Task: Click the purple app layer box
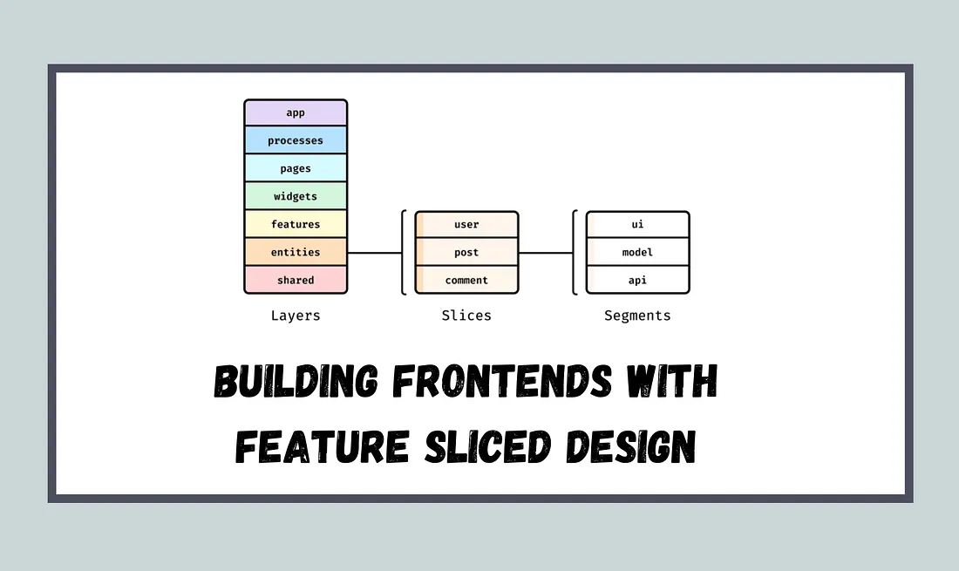click(296, 112)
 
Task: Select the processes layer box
click(296, 140)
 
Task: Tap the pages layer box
click(296, 168)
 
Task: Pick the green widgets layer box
click(296, 196)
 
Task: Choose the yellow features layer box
click(296, 224)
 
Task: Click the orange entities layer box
click(296, 252)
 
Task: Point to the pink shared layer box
click(296, 280)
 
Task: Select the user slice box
click(466, 224)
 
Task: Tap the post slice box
click(466, 252)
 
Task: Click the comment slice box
click(466, 280)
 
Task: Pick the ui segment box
click(637, 224)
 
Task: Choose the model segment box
click(637, 252)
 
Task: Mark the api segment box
click(637, 280)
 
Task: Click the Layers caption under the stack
click(296, 316)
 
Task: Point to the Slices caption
click(466, 316)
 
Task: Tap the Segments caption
click(637, 316)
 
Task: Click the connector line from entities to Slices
click(374, 253)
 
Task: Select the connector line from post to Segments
click(546, 253)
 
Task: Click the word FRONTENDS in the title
click(502, 380)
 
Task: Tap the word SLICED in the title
click(487, 446)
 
